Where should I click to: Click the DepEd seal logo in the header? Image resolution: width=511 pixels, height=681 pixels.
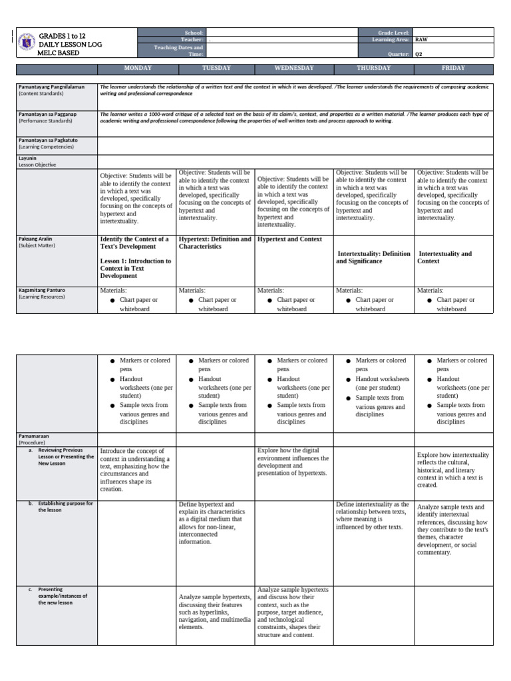[x=27, y=41]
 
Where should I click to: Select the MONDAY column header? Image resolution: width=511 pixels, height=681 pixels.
[x=137, y=68]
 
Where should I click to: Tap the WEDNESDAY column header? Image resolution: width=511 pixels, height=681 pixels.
[x=294, y=68]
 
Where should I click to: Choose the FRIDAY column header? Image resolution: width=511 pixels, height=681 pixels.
[x=453, y=68]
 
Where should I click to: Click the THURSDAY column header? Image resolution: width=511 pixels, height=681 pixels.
[x=373, y=68]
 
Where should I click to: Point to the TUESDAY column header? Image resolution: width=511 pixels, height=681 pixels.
[x=216, y=68]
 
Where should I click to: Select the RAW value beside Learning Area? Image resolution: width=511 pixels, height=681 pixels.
[x=421, y=40]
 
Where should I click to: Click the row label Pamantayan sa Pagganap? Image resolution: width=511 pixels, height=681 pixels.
[x=47, y=114]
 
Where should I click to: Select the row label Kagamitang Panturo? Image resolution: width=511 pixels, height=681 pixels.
[x=42, y=290]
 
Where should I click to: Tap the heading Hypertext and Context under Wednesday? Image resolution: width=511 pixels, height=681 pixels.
[x=289, y=239]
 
